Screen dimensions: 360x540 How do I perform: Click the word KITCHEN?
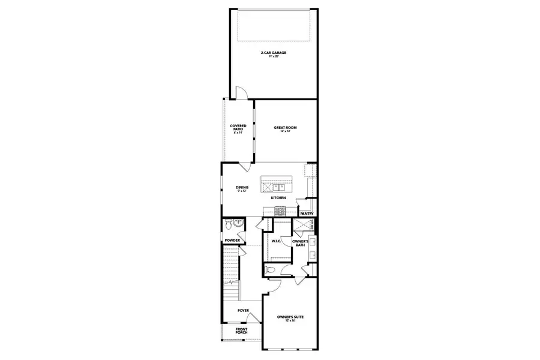tap(278, 198)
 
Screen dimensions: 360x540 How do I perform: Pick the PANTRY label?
tap(307, 213)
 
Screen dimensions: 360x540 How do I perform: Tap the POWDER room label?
tap(232, 241)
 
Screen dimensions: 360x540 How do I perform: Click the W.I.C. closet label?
tap(277, 241)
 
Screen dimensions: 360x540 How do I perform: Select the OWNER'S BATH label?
tap(300, 242)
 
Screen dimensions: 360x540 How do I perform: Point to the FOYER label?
tap(243, 310)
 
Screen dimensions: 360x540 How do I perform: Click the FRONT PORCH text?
tap(242, 331)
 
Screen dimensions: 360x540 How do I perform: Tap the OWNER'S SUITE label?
tap(288, 318)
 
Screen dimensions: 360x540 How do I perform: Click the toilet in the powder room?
tap(228, 226)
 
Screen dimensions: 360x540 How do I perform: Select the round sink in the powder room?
tap(239, 222)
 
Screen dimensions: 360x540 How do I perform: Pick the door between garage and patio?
tap(240, 93)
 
